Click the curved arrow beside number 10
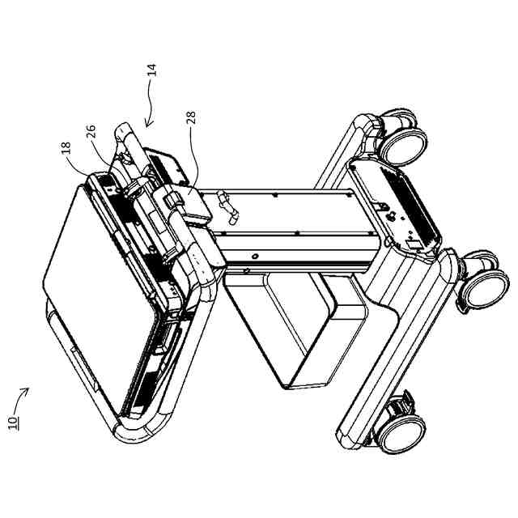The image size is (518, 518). tap(23, 394)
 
